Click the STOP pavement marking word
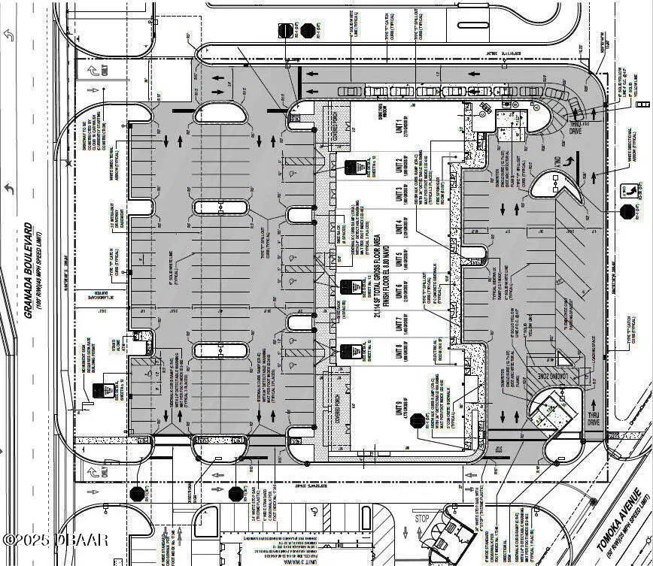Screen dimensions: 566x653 pyautogui.click(x=422, y=519)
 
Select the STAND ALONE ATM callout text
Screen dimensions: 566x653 pyautogui.click(x=118, y=350)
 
